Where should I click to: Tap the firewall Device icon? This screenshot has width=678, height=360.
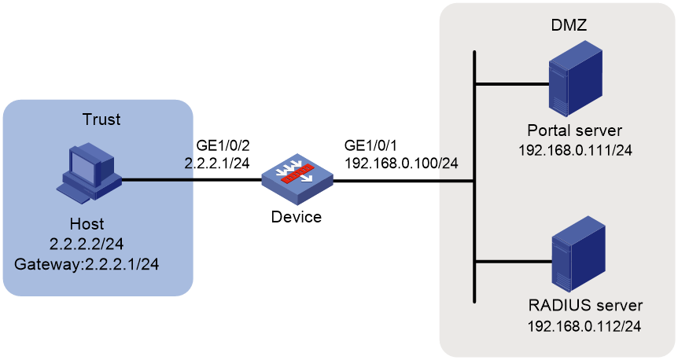pyautogui.click(x=297, y=179)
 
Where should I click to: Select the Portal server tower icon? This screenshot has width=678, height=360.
pyautogui.click(x=576, y=79)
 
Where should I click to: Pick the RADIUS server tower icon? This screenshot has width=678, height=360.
pyautogui.click(x=578, y=254)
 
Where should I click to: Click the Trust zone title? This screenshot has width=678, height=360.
pyautogui.click(x=101, y=119)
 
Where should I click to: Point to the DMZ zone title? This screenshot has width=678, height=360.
pyautogui.click(x=569, y=25)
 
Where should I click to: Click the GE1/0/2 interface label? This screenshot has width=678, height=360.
pyautogui.click(x=223, y=145)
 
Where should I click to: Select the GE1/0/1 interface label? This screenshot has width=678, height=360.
pyautogui.click(x=370, y=145)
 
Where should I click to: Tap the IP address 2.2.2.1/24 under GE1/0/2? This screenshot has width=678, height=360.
pyautogui.click(x=217, y=163)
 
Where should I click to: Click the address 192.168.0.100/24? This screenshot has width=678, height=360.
pyautogui.click(x=401, y=163)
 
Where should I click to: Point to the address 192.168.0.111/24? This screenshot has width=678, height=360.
pyautogui.click(x=575, y=150)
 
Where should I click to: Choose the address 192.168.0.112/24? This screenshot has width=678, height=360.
pyautogui.click(x=584, y=326)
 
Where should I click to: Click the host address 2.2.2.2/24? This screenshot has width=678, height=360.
pyautogui.click(x=87, y=244)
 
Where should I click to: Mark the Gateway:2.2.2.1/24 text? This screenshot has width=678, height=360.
pyautogui.click(x=87, y=264)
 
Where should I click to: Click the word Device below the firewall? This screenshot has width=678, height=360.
pyautogui.click(x=297, y=216)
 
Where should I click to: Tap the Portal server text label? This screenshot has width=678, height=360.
pyautogui.click(x=575, y=130)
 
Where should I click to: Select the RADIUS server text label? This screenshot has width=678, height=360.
pyautogui.click(x=585, y=306)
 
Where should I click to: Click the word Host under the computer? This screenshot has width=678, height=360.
pyautogui.click(x=87, y=224)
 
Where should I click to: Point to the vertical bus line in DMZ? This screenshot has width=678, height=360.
pyautogui.click(x=475, y=177)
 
